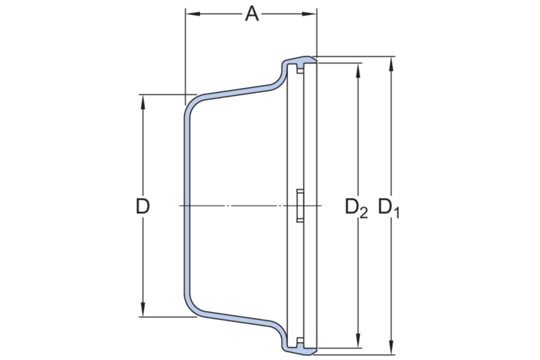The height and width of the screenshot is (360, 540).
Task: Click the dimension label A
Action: click(x=251, y=14)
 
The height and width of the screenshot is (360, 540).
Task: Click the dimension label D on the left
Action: click(x=143, y=206)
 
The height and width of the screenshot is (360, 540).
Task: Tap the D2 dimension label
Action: click(x=356, y=208)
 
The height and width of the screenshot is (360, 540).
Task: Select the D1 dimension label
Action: click(x=389, y=208)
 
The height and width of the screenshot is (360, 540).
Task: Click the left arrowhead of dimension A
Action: click(x=193, y=14)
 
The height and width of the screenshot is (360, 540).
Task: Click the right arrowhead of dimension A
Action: click(x=309, y=14)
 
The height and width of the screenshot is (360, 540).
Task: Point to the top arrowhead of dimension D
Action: click(x=143, y=102)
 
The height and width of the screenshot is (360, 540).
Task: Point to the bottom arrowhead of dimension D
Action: click(x=143, y=309)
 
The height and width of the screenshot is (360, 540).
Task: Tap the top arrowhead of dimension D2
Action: click(x=358, y=70)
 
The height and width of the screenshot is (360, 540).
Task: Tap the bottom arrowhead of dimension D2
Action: click(x=358, y=341)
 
